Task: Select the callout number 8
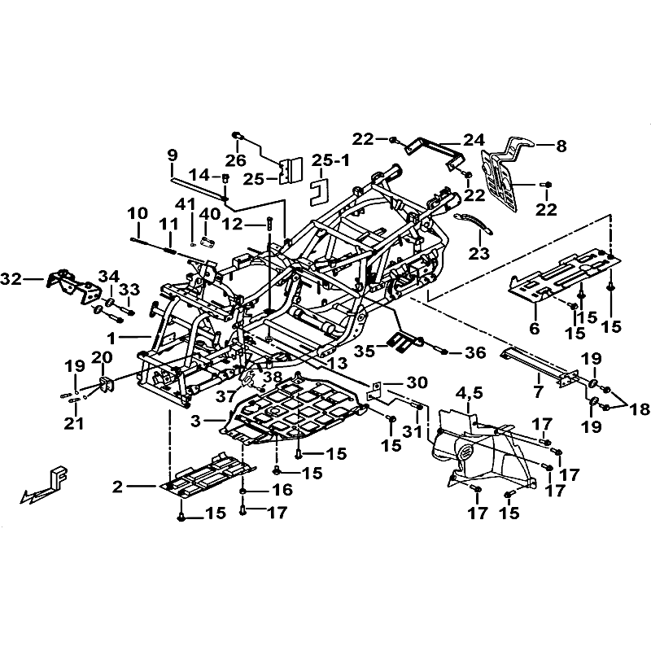pos(561,147)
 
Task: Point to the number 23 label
pos(478,253)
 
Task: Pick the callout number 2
pos(118,487)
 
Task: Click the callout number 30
pos(417,382)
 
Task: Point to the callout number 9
pos(172,155)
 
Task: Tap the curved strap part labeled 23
pos(471,220)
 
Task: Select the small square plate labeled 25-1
pos(320,190)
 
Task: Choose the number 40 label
pos(211,214)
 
